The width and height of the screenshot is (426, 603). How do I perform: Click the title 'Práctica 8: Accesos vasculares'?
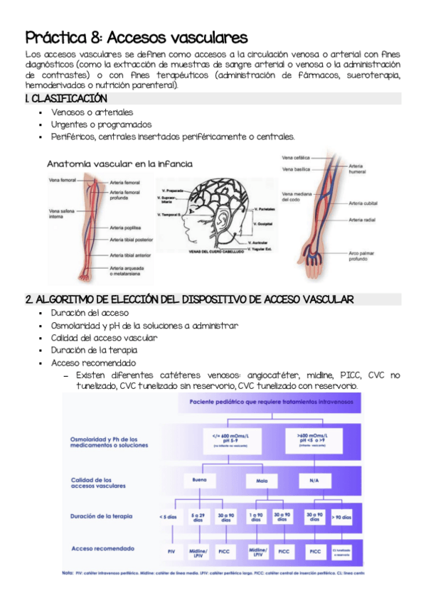(136, 37)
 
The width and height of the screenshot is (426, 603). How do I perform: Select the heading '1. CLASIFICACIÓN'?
(66, 98)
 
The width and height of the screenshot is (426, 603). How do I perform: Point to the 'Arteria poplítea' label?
(125, 228)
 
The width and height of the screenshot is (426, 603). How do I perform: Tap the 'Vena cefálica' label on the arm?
(296, 156)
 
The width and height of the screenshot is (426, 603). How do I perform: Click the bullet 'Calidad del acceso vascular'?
(104, 338)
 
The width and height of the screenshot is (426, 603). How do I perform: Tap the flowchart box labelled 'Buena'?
(200, 481)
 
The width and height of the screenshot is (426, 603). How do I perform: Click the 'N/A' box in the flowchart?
(314, 481)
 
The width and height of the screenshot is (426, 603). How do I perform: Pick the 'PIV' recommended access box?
(171, 550)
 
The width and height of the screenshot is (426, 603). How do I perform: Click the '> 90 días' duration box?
(341, 517)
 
